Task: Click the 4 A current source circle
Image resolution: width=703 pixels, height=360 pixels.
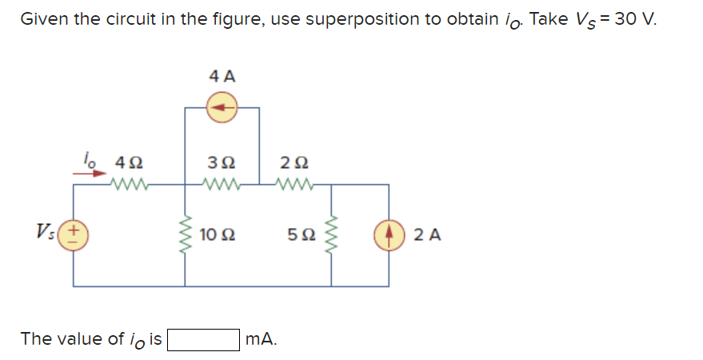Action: (222, 107)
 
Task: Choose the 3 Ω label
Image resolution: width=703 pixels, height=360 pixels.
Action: (222, 162)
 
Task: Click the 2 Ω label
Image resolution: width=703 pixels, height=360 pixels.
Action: (294, 162)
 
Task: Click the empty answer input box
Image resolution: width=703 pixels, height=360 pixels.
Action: (203, 339)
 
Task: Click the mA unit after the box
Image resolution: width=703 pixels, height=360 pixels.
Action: (262, 339)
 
